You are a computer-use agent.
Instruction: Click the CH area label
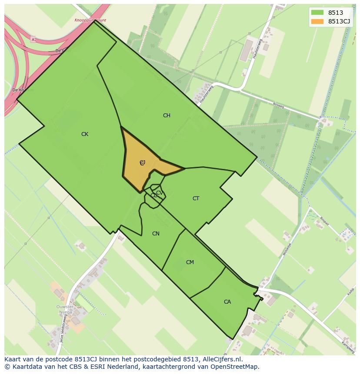coord(167,116)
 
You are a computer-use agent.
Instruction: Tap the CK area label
coord(85,134)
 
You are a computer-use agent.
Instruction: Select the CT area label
coord(196,199)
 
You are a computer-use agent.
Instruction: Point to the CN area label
coord(156,234)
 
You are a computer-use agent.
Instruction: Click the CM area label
coord(190,262)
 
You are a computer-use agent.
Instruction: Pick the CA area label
coord(227,302)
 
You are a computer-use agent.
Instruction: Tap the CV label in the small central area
coord(159,193)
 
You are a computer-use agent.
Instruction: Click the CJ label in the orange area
coord(142,162)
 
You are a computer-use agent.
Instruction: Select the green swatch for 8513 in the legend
coord(317,13)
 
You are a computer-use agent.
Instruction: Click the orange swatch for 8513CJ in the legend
coord(317,21)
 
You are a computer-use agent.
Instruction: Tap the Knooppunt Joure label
coord(90,20)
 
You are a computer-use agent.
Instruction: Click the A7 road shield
coord(33,40)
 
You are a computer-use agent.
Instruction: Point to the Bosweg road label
coord(278,105)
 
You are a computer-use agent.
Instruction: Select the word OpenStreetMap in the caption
coord(237,367)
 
